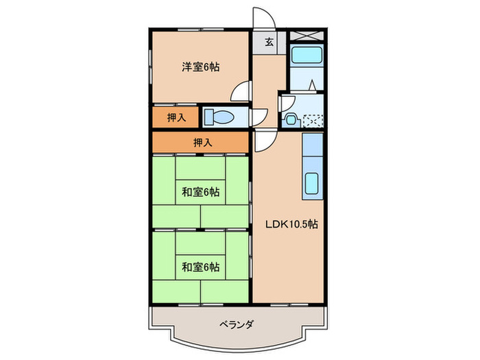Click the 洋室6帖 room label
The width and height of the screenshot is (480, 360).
pos(200,67)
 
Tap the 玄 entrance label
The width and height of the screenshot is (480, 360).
pos(269,43)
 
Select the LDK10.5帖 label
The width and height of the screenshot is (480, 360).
pos(291,223)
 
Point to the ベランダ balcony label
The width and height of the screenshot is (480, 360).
pos(237,324)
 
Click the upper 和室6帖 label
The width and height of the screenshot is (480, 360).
pos(200,191)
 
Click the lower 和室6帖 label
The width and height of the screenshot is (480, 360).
pos(200,266)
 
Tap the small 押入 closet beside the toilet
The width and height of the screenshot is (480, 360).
pos(176,117)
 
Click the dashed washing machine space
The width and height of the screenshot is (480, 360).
pos(313,121)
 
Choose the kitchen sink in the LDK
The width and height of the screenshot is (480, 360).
pos(312,184)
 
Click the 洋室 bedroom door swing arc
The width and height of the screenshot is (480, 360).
pos(239,91)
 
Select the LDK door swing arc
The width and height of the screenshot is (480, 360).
pos(265,141)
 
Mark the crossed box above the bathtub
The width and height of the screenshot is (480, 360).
pos(305,36)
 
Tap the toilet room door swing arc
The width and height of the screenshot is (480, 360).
pos(259,117)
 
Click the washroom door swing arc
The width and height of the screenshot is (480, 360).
pos(286,104)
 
